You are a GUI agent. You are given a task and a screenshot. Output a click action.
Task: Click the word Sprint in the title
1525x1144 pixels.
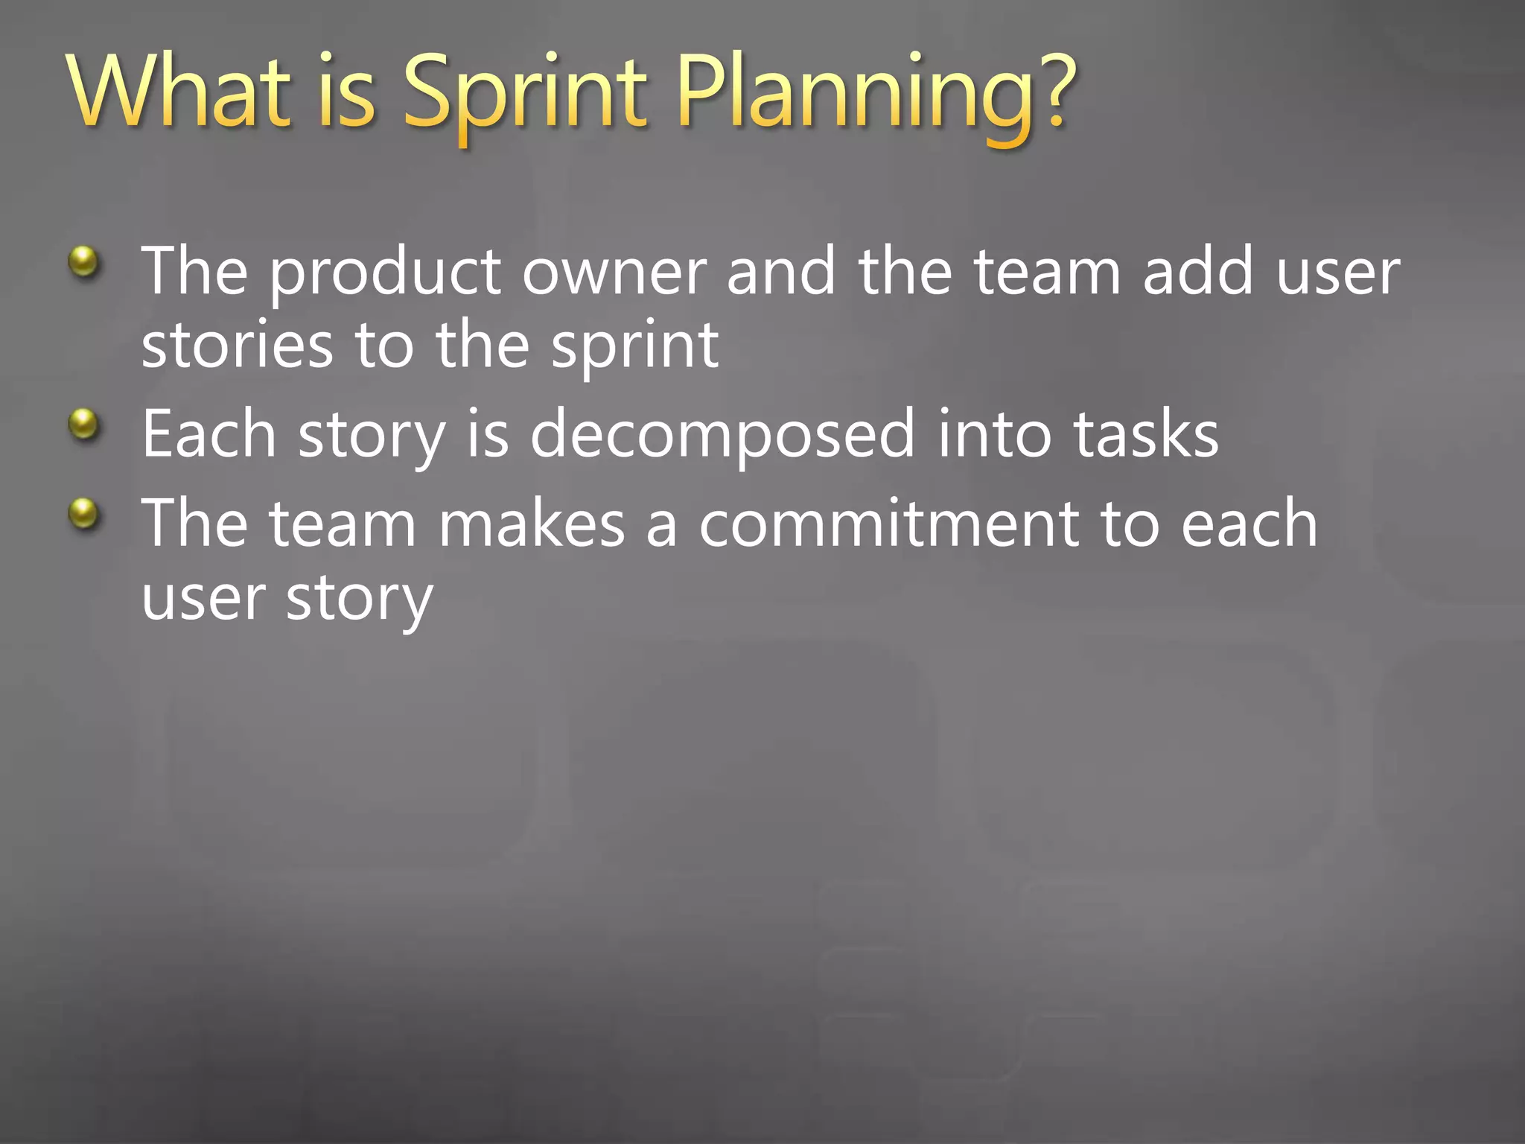[x=526, y=93]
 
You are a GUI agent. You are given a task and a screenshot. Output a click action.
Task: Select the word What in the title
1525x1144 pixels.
[x=179, y=93]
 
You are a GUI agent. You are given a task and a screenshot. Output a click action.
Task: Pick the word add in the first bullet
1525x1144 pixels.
[x=1198, y=272]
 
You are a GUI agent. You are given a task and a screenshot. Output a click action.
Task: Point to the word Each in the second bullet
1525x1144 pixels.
[x=209, y=434]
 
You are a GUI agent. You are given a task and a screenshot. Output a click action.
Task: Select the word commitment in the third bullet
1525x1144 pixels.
[x=888, y=524]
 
